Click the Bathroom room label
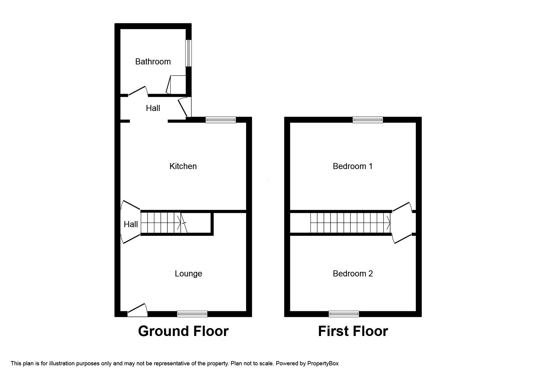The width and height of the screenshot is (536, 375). point(153,62)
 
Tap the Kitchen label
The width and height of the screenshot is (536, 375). point(183,166)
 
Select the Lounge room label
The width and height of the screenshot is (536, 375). point(188,274)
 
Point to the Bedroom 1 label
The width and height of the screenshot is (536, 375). point(353,166)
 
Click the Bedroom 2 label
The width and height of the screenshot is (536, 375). point(353,274)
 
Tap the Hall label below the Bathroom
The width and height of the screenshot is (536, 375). point(153,108)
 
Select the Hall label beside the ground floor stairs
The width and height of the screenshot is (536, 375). point(131,224)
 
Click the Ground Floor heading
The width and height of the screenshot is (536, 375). point(183,331)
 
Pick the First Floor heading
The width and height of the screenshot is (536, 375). point(353,331)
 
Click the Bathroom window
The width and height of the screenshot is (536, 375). point(188,53)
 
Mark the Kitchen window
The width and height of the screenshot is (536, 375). point(221,120)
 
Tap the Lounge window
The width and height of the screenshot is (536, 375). point(192,314)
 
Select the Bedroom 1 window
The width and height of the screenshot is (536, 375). point(368,120)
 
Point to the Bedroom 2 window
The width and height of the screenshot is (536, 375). point(344,314)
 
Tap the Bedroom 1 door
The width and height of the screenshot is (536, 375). point(402,207)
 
